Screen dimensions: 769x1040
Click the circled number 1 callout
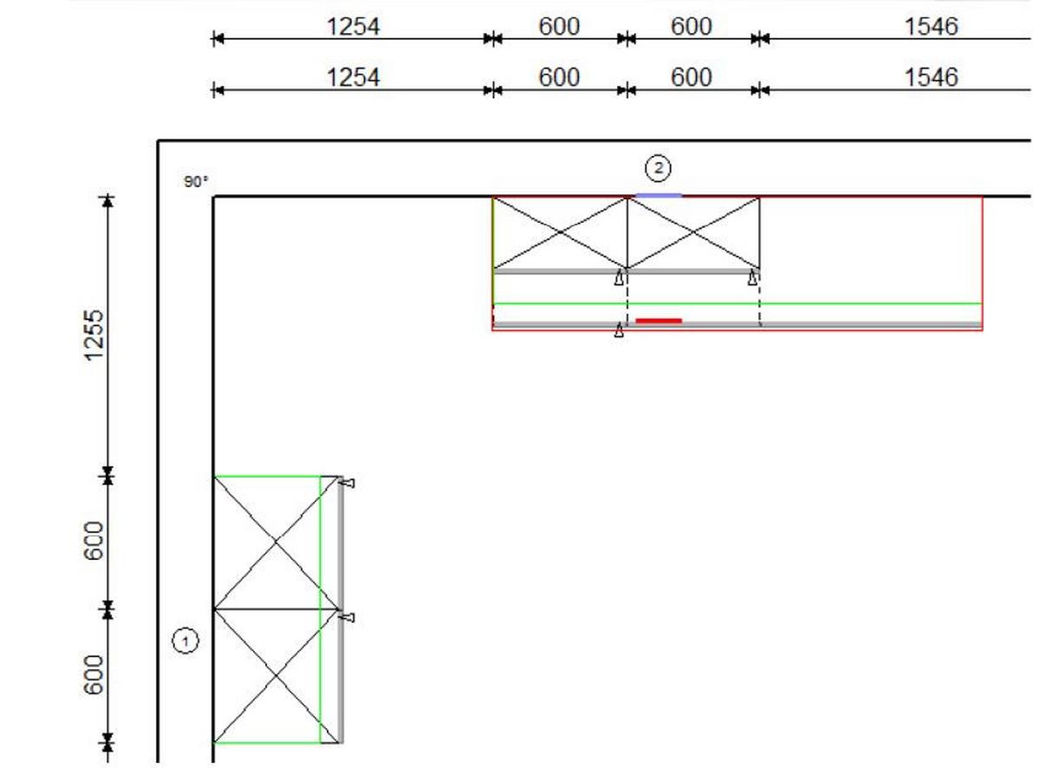coord(185,642)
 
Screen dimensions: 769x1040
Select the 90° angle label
coord(196,182)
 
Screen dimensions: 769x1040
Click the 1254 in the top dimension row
coord(353,27)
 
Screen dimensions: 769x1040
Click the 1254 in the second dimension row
coord(353,78)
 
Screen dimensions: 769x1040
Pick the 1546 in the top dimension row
coord(931,27)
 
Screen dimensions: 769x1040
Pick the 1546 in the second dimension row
coord(931,78)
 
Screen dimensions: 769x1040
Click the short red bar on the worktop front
coord(659,321)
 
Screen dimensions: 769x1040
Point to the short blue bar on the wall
coord(659,196)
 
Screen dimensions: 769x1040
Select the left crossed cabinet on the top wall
coord(560,232)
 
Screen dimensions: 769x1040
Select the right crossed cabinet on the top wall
coord(693,232)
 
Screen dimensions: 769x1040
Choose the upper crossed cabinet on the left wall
coord(276,542)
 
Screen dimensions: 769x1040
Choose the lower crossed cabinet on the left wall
coord(276,675)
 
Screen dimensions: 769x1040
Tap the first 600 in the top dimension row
coord(559,27)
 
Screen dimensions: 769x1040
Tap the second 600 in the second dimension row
coord(691,78)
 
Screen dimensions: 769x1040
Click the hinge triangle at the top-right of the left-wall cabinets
coord(348,483)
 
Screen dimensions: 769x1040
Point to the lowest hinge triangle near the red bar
coord(619,331)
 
